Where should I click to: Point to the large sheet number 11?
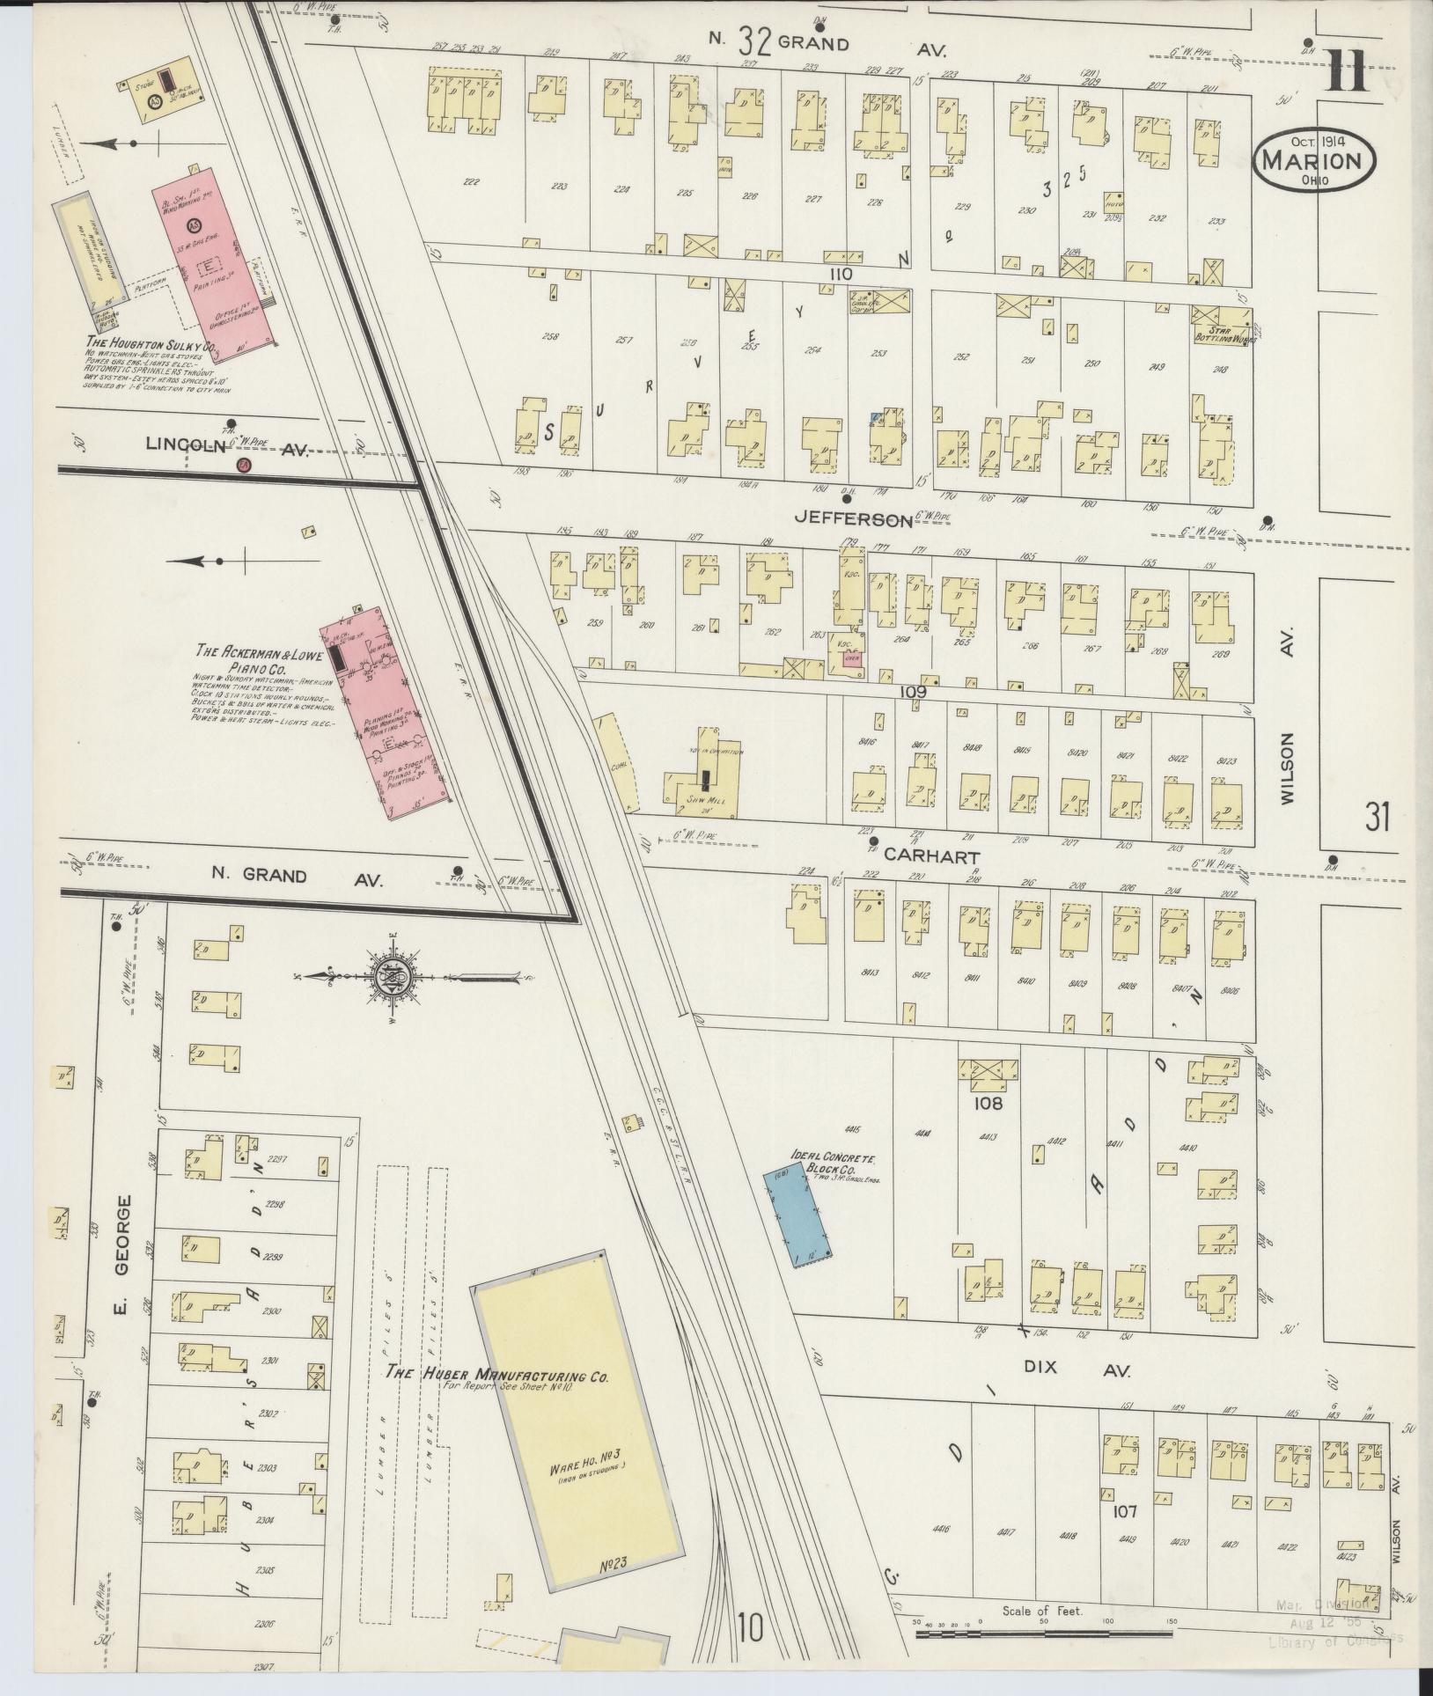tap(1347, 70)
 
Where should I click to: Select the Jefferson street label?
tap(852, 519)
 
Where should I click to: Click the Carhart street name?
tap(919, 854)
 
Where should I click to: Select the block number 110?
tap(840, 275)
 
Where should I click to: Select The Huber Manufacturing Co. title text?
tap(499, 1374)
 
